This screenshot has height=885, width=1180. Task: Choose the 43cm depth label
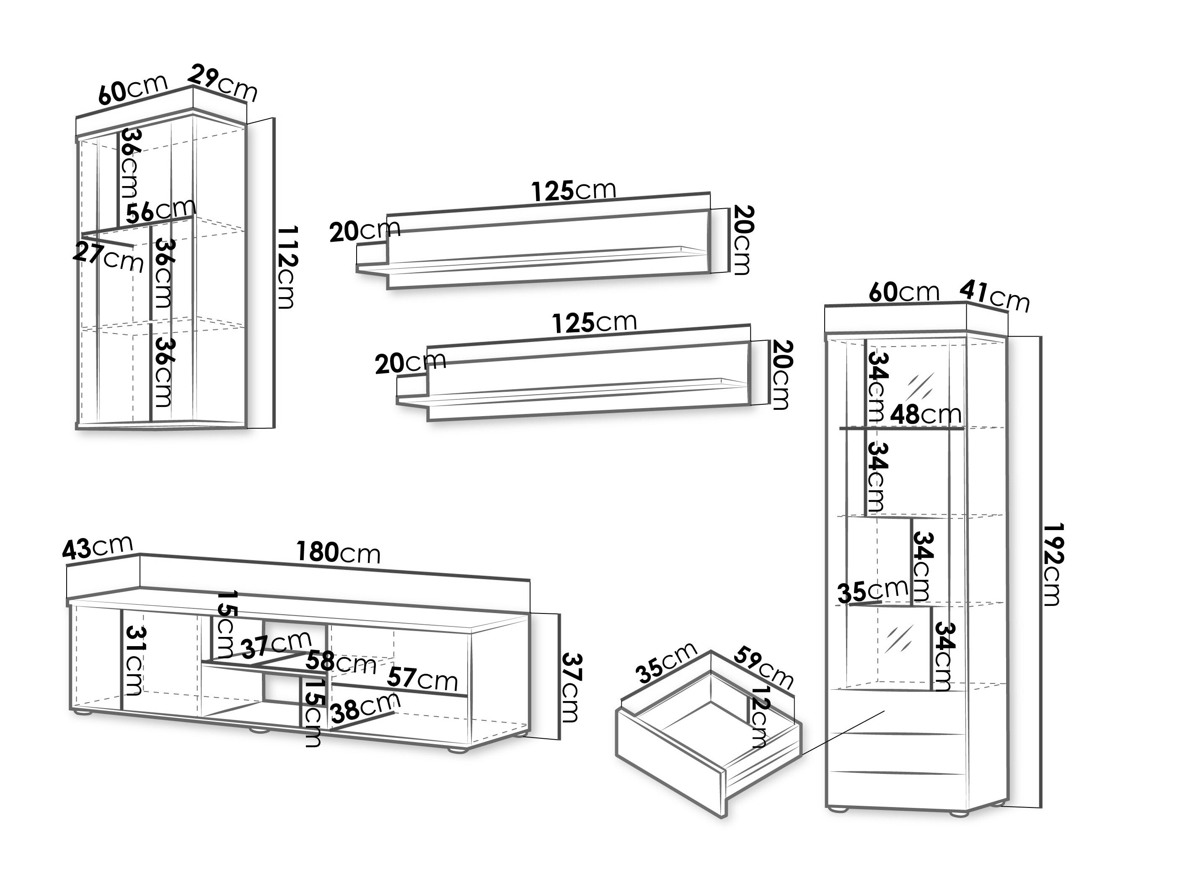(x=97, y=547)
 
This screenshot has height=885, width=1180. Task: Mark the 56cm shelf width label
(x=160, y=211)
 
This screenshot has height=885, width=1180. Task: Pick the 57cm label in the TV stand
(x=422, y=678)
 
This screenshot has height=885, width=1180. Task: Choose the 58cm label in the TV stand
(x=341, y=663)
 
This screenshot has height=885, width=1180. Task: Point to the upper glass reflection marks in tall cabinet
(x=921, y=384)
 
